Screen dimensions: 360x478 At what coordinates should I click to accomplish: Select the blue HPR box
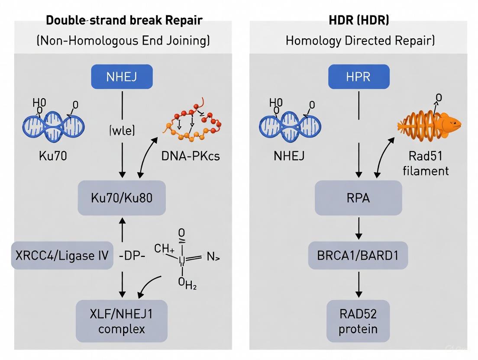click(358, 77)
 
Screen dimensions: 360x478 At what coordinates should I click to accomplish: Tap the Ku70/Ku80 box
click(122, 198)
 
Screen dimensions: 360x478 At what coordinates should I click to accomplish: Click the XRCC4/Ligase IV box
click(62, 255)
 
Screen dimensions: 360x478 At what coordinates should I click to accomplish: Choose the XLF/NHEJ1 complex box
click(122, 321)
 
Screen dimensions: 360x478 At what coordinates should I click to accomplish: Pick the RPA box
click(358, 198)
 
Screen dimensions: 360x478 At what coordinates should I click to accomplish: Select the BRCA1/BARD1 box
click(358, 255)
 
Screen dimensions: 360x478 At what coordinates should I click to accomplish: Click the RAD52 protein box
click(358, 321)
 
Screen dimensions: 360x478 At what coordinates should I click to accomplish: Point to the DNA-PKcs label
click(191, 156)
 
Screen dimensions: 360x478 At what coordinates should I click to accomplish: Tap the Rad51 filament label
click(426, 164)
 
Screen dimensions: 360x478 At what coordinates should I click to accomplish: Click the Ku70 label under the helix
click(53, 156)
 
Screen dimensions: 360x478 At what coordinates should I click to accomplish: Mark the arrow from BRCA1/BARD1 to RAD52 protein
click(358, 284)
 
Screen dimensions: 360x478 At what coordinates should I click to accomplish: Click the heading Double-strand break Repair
click(124, 20)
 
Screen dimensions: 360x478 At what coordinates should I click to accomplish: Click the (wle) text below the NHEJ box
click(122, 130)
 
